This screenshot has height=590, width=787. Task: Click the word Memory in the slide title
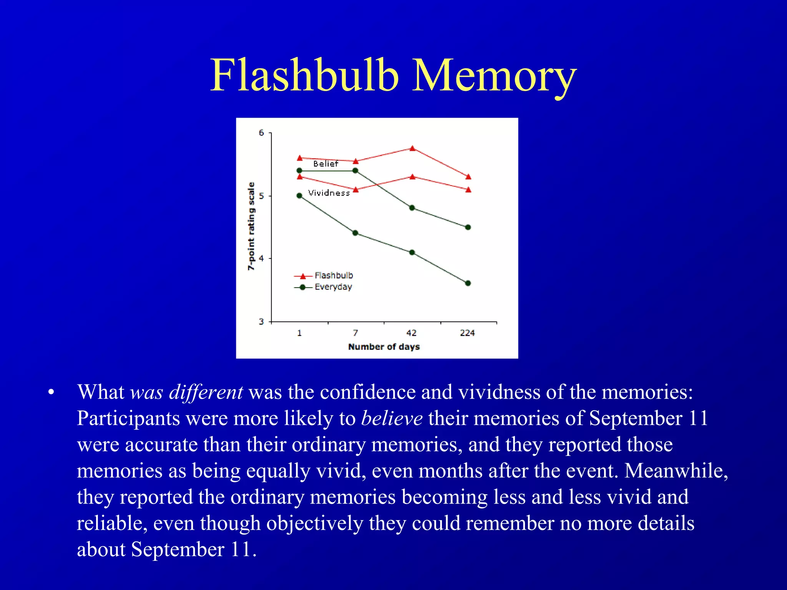pyautogui.click(x=494, y=76)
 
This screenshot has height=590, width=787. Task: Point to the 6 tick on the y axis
pyautogui.click(x=262, y=133)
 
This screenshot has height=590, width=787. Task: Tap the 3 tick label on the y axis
pyautogui.click(x=262, y=322)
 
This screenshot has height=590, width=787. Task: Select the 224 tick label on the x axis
pyautogui.click(x=467, y=333)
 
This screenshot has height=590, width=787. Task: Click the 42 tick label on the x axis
pyautogui.click(x=412, y=333)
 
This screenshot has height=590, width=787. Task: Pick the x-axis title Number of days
pyautogui.click(x=384, y=347)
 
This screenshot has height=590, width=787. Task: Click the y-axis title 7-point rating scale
pyautogui.click(x=251, y=227)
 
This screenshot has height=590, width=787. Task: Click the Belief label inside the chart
pyautogui.click(x=325, y=164)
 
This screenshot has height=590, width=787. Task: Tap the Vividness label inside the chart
pyautogui.click(x=329, y=193)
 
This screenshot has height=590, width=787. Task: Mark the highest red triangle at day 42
pyautogui.click(x=412, y=148)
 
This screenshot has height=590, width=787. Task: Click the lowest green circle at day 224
pyautogui.click(x=468, y=283)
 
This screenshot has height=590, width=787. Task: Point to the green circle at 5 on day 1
pyautogui.click(x=300, y=196)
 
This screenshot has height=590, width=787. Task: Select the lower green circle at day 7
pyautogui.click(x=355, y=233)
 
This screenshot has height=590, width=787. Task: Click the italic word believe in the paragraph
pyautogui.click(x=392, y=418)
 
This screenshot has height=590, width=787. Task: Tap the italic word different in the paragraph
pyautogui.click(x=206, y=392)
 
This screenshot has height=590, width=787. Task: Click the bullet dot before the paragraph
pyautogui.click(x=51, y=393)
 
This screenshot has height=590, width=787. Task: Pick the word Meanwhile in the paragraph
pyautogui.click(x=676, y=471)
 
